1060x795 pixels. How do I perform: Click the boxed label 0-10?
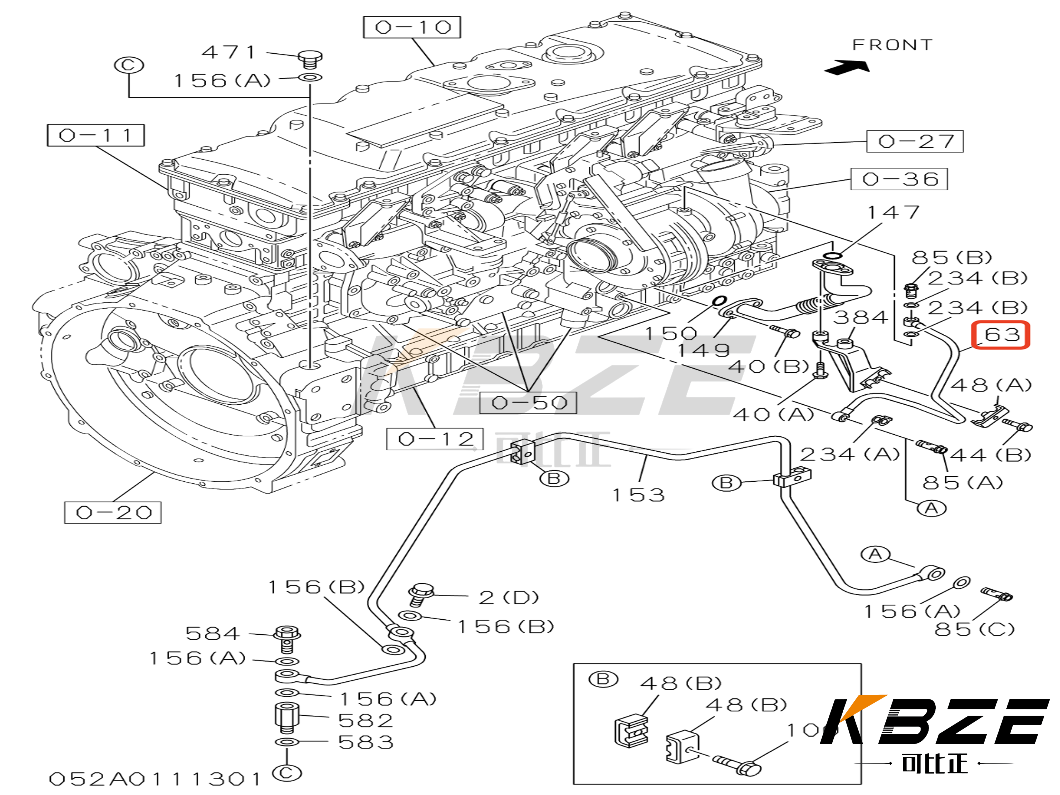tap(412, 27)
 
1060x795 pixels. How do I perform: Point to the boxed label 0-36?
tap(899, 179)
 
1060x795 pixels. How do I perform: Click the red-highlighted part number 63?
tap(1001, 334)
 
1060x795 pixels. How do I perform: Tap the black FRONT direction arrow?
tap(847, 67)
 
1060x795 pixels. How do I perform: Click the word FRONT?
tap(892, 45)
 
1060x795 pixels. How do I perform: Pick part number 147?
tap(894, 212)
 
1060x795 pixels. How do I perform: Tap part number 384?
tap(861, 317)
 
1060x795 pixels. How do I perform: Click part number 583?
tap(365, 742)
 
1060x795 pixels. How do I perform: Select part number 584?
tap(212, 634)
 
